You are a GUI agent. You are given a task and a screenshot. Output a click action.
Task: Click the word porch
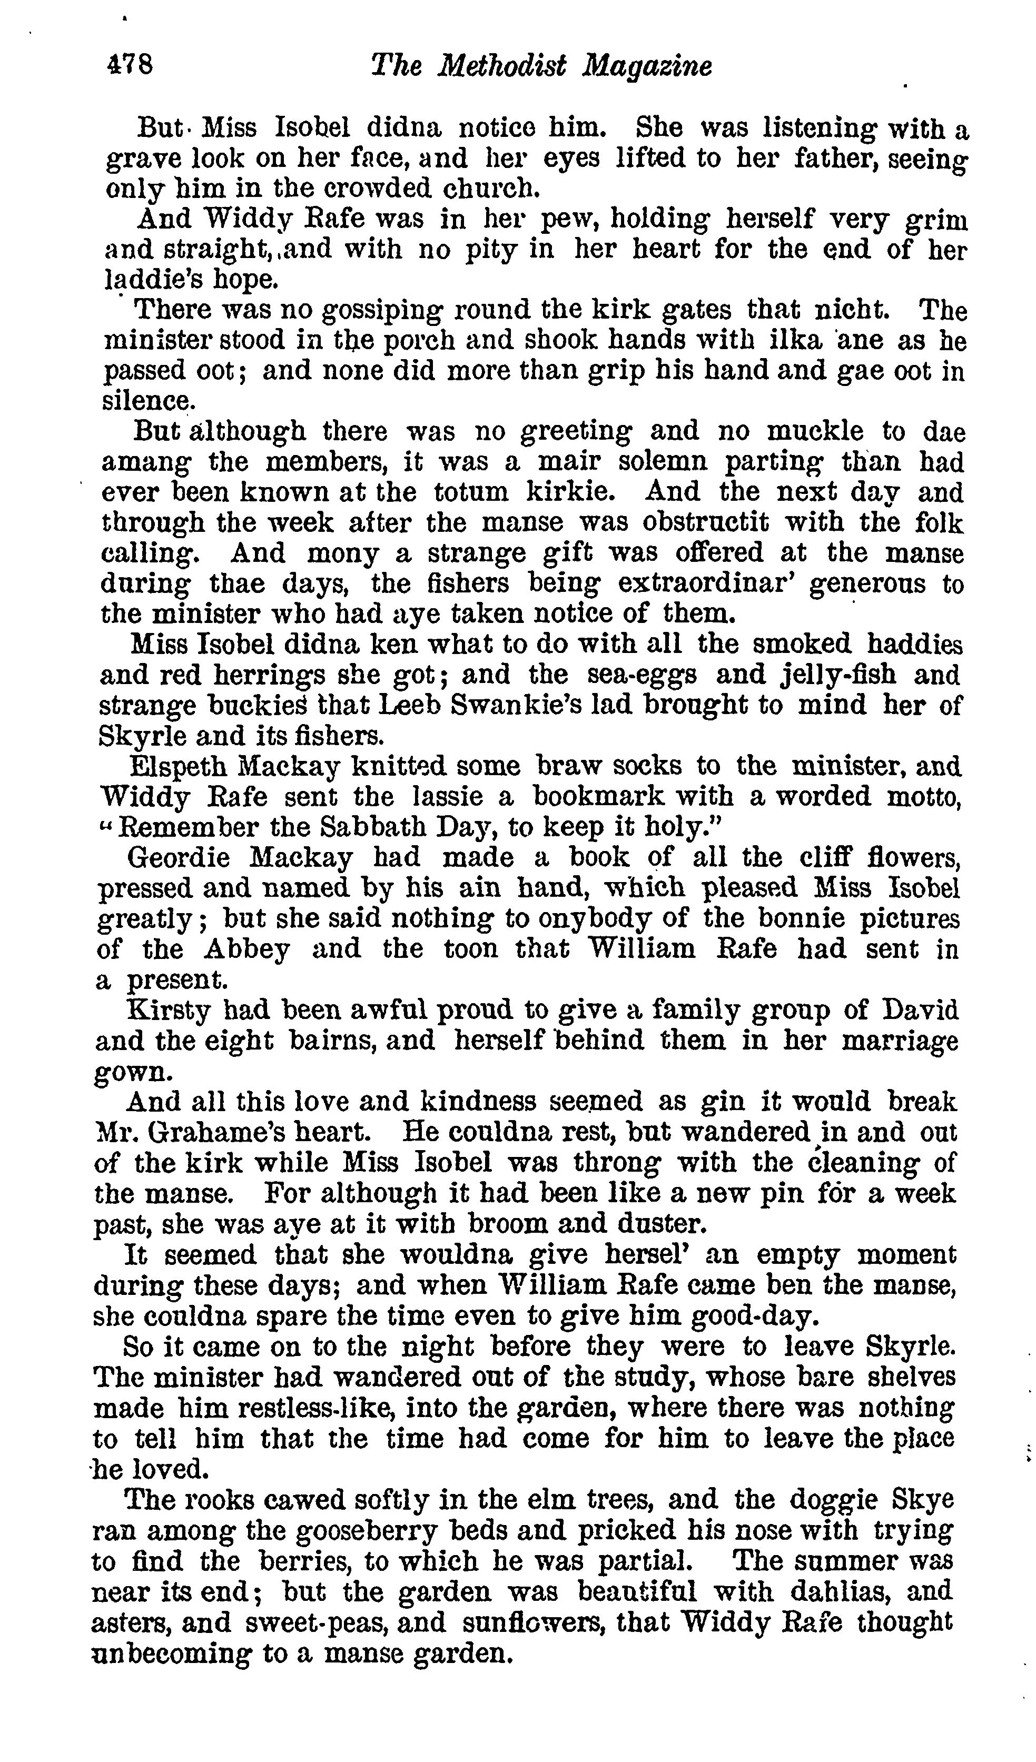click(418, 341)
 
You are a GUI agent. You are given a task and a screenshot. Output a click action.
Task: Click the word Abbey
click(247, 949)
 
